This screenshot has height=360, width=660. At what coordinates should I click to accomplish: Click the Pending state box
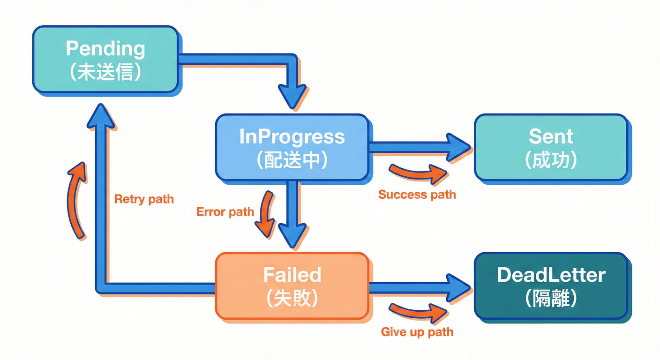105,59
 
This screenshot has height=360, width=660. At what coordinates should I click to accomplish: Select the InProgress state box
292,147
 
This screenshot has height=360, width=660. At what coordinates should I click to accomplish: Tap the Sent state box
551,147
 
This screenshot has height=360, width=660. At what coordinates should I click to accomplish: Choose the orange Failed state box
292,286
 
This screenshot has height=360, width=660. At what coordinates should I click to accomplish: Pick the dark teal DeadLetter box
551,286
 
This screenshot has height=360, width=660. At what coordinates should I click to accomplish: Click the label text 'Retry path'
144,199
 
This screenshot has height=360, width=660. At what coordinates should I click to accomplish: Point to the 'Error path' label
225,212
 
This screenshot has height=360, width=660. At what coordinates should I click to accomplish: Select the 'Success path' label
417,194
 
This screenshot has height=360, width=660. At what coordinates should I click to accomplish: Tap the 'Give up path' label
417,332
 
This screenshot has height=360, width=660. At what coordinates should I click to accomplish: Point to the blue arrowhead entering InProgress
292,97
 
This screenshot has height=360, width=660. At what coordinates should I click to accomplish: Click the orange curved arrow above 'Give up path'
417,312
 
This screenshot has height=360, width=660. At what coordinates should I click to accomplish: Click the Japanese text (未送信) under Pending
105,72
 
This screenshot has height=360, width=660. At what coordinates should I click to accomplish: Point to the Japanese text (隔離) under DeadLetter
551,298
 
